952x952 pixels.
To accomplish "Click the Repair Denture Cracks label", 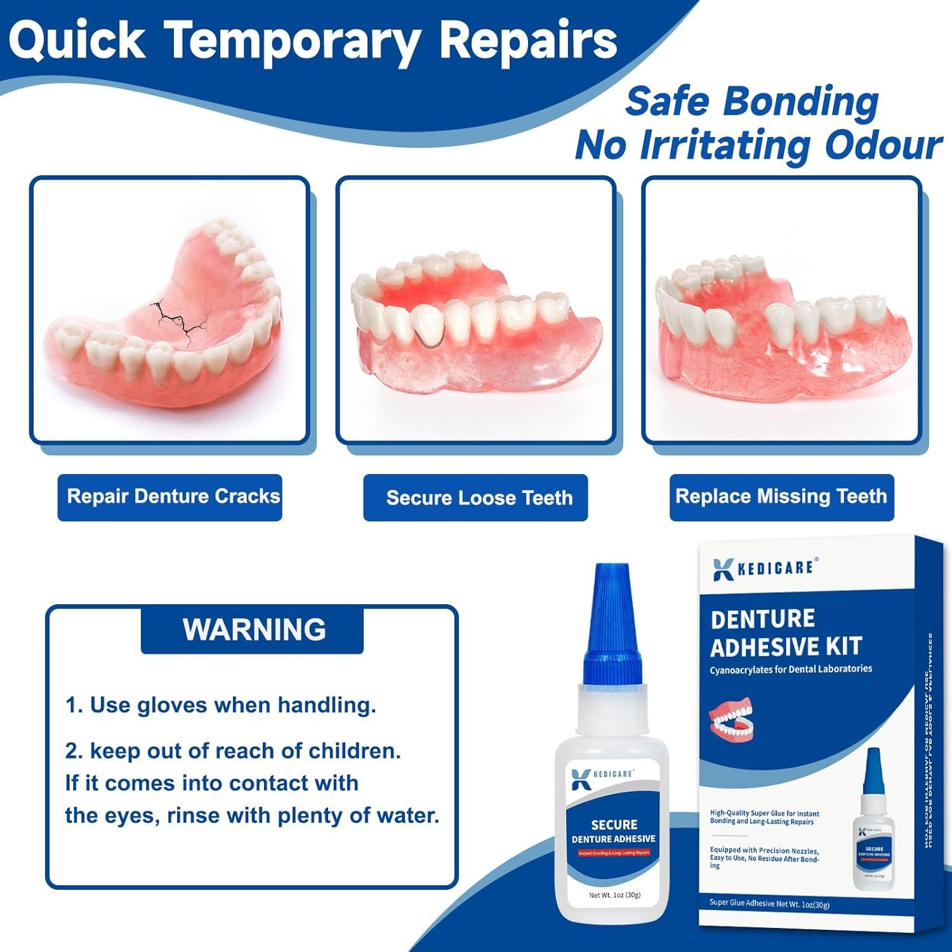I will (x=173, y=496).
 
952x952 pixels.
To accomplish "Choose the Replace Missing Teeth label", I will (x=781, y=496).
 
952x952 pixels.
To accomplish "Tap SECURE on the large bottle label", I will (x=614, y=824).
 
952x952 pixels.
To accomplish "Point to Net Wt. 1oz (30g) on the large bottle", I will (x=614, y=895).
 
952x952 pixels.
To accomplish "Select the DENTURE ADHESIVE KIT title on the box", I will (x=786, y=633).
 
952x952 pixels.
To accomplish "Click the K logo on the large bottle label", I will (x=581, y=779).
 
